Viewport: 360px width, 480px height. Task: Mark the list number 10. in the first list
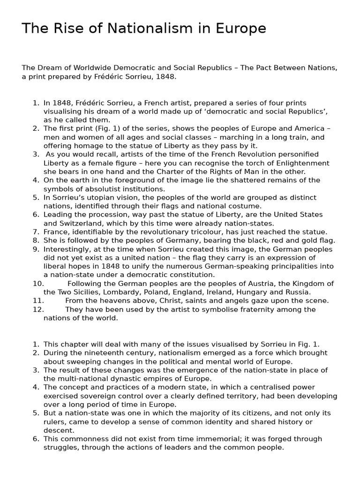pyautogui.click(x=38, y=284)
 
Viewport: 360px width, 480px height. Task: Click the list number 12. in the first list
pyautogui.click(x=38, y=309)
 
